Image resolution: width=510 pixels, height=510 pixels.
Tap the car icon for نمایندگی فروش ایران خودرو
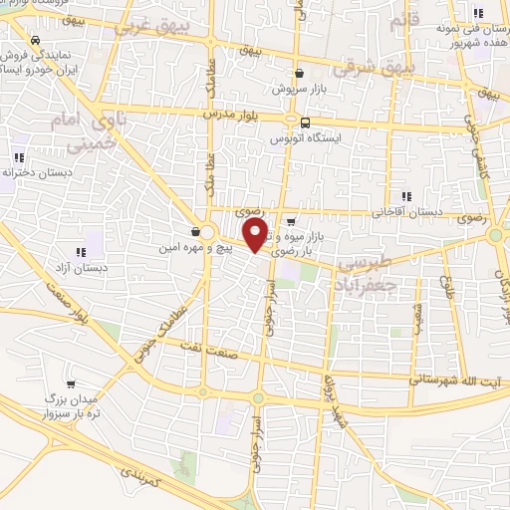(x=36, y=41)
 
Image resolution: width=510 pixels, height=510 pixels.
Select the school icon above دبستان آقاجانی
(x=403, y=196)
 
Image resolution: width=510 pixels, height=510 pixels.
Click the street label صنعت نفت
(x=205, y=345)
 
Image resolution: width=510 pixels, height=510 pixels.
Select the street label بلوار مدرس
(x=224, y=115)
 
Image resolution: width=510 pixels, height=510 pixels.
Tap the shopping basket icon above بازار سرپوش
(x=298, y=73)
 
